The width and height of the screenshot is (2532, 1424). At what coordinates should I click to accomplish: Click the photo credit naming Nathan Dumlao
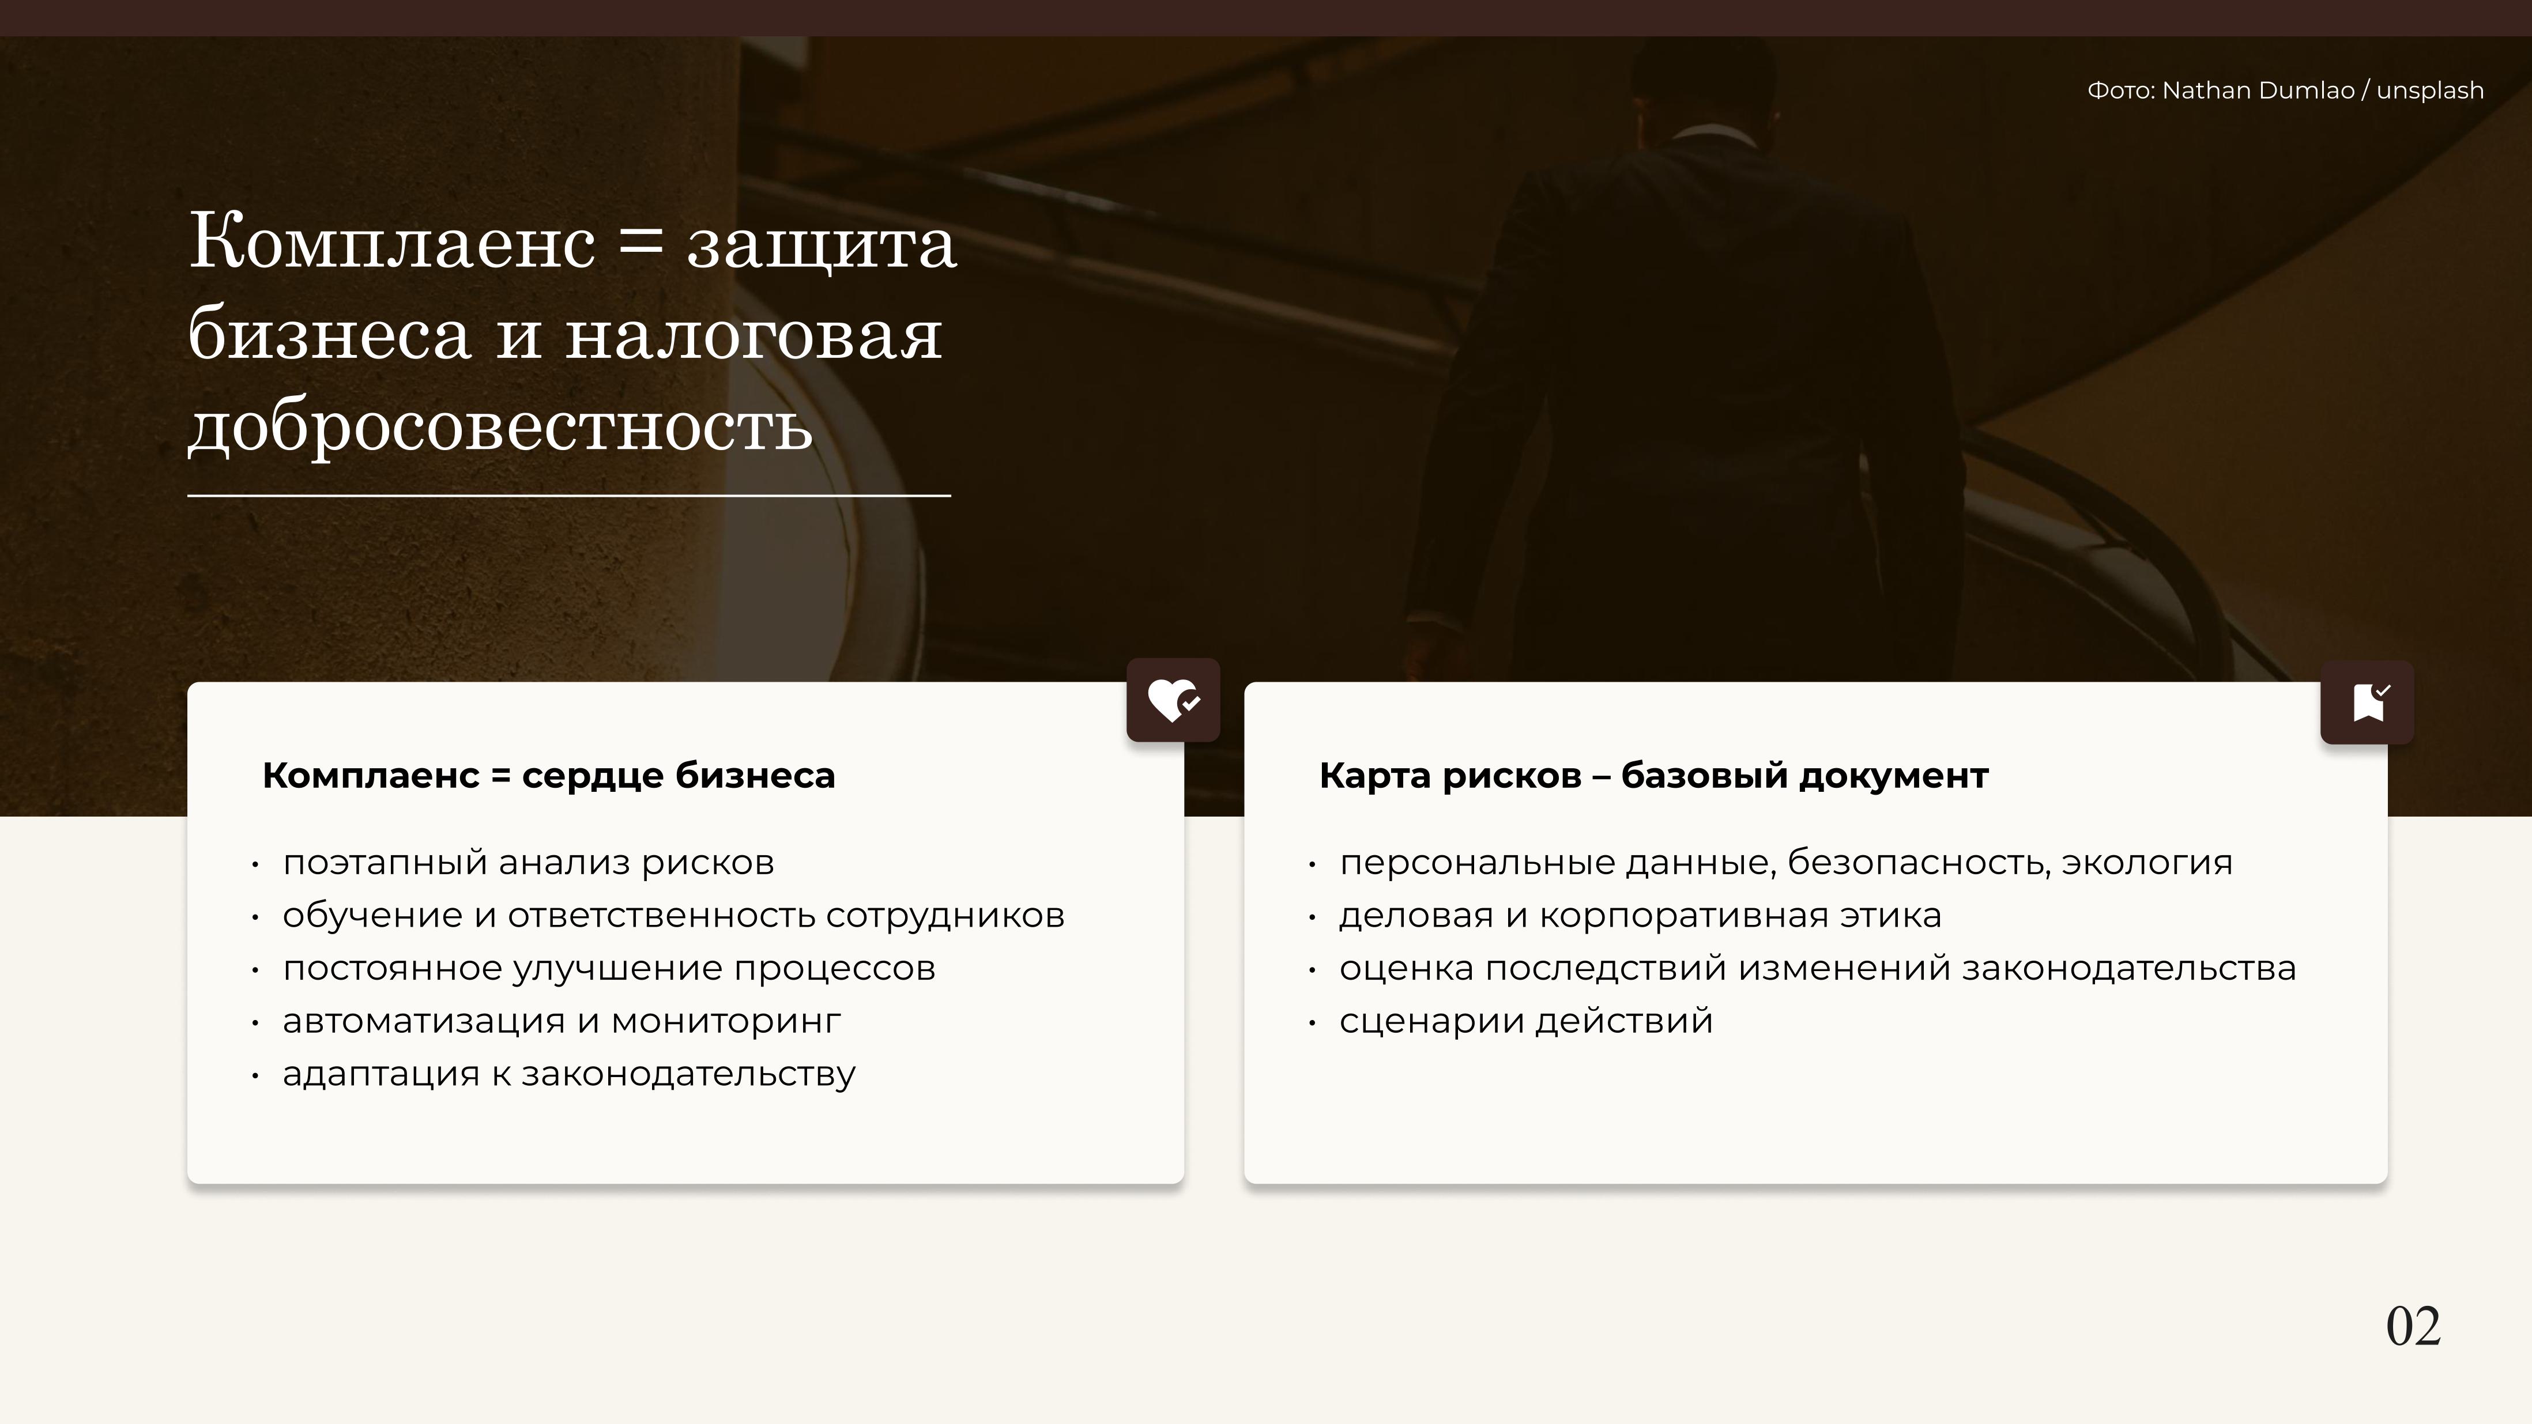[2285, 90]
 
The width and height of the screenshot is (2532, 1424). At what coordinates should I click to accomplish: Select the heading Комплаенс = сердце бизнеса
[548, 775]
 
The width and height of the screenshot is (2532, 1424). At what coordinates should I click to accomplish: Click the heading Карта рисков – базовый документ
[1653, 775]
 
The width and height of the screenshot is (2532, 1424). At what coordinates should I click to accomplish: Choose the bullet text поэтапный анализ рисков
[529, 862]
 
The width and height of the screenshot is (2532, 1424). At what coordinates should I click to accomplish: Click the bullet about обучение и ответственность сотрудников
[673, 915]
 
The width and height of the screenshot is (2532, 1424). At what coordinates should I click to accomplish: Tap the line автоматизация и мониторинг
[562, 1021]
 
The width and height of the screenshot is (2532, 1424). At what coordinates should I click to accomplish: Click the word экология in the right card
[2147, 862]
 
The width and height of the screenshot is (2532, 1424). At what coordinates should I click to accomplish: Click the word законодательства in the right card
[2129, 968]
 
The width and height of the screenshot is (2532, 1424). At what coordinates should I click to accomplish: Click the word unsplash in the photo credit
[2430, 90]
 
